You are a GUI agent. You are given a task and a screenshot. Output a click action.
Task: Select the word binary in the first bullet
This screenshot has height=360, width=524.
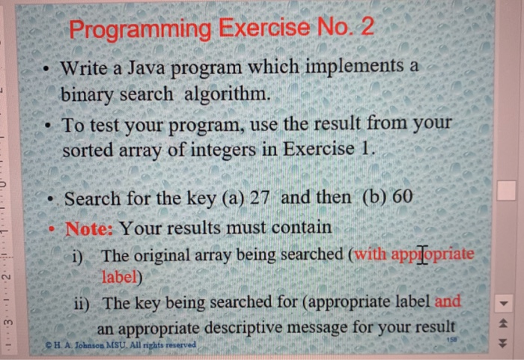click(x=88, y=95)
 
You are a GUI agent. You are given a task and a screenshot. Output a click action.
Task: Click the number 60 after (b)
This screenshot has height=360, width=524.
click(x=402, y=198)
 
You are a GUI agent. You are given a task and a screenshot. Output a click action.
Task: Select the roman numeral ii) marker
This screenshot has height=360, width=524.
click(x=82, y=302)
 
